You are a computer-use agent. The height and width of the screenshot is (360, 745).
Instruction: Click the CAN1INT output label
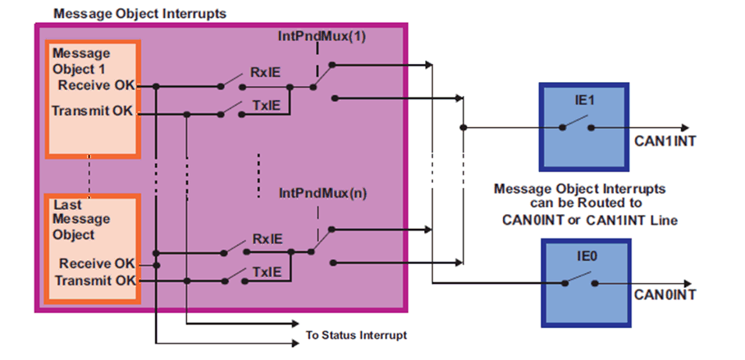click(665, 141)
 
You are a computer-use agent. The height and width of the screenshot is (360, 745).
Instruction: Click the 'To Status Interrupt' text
click(356, 335)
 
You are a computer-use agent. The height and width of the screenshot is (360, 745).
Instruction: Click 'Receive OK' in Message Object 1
click(97, 84)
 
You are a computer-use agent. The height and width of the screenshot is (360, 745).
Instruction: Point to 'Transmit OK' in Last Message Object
click(94, 280)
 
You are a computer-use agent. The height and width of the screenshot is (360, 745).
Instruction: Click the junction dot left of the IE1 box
click(464, 127)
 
